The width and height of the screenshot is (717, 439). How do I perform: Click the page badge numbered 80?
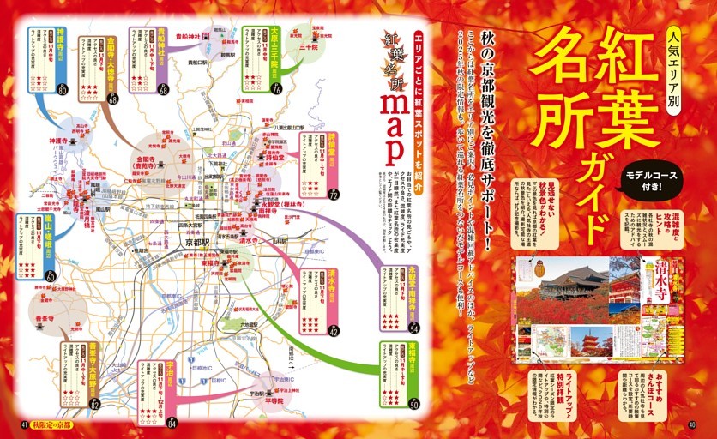62,90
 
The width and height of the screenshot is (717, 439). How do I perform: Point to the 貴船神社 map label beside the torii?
188,37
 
